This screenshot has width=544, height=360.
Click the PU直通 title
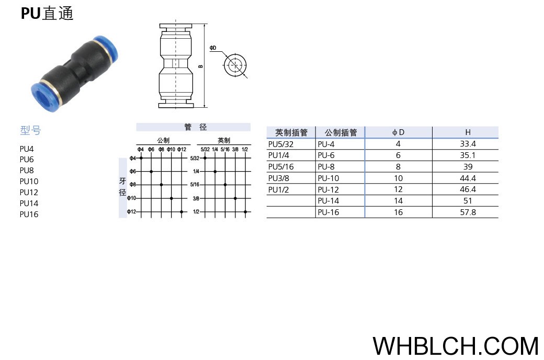[x=47, y=14]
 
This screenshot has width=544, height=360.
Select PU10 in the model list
[x=29, y=181]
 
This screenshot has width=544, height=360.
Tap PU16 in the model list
[x=29, y=214]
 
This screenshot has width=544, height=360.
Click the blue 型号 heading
[x=30, y=130]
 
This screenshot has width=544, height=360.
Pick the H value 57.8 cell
[x=468, y=212]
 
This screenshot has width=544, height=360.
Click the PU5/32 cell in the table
[x=281, y=144]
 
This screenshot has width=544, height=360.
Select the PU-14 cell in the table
[x=328, y=200]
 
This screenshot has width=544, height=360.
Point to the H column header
[x=468, y=132]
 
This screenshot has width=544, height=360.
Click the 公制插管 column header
[x=341, y=132]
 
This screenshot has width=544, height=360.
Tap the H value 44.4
[x=468, y=178]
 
